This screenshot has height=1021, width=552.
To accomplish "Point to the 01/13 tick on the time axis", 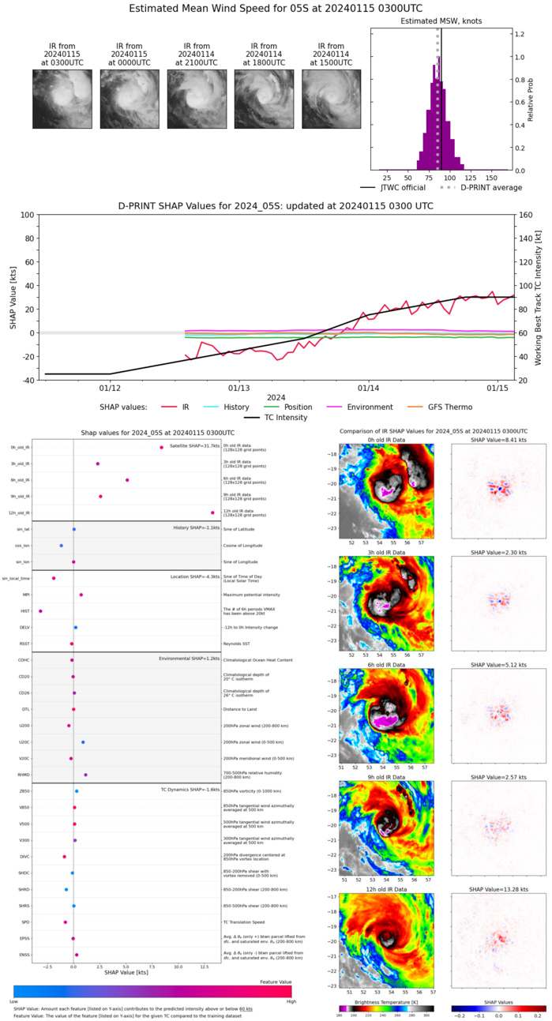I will [238, 389].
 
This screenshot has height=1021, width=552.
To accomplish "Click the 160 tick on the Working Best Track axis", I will [528, 215].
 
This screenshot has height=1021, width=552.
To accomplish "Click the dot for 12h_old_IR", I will [212, 512].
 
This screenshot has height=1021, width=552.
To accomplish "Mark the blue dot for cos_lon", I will [61, 546].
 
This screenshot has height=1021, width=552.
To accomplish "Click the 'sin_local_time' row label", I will [16, 578].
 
